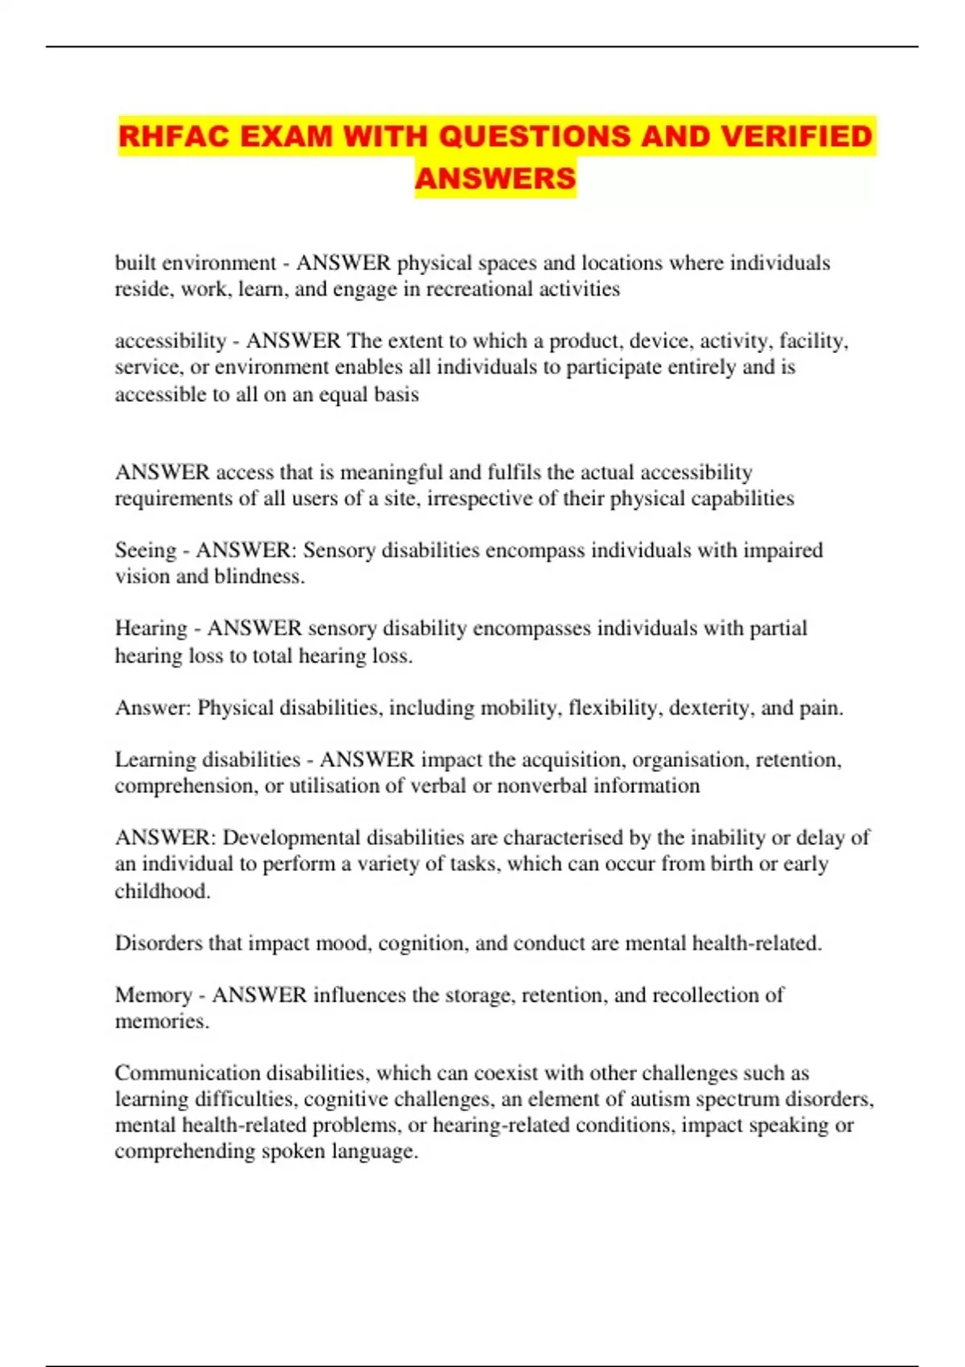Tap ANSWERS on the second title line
[x=495, y=178]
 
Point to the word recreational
[x=475, y=289]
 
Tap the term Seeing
[x=146, y=551]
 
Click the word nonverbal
[x=541, y=786]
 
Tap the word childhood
[x=162, y=890]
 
